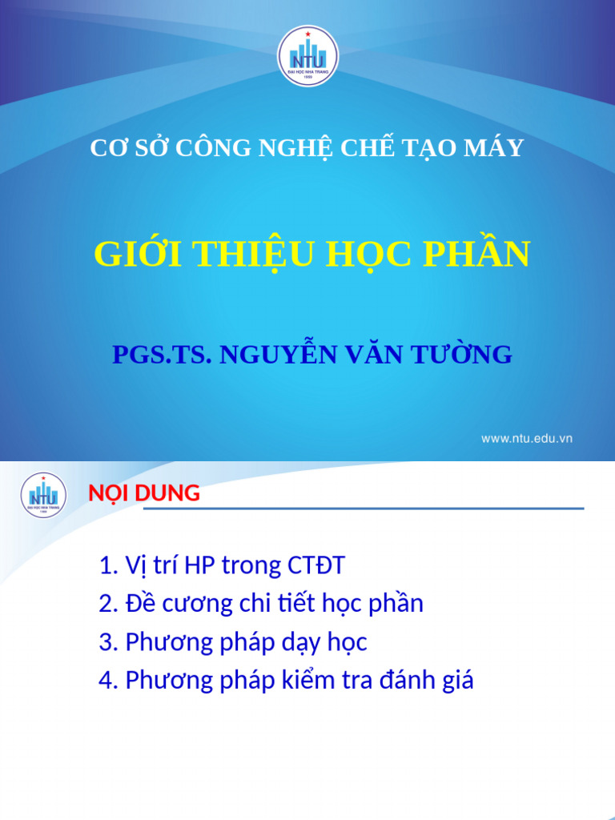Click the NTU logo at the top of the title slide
tap(307, 56)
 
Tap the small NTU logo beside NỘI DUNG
tap(43, 495)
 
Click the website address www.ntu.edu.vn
tap(526, 438)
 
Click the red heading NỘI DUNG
tap(144, 493)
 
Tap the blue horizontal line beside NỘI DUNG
tap(392, 508)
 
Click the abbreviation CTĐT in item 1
tap(316, 565)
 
